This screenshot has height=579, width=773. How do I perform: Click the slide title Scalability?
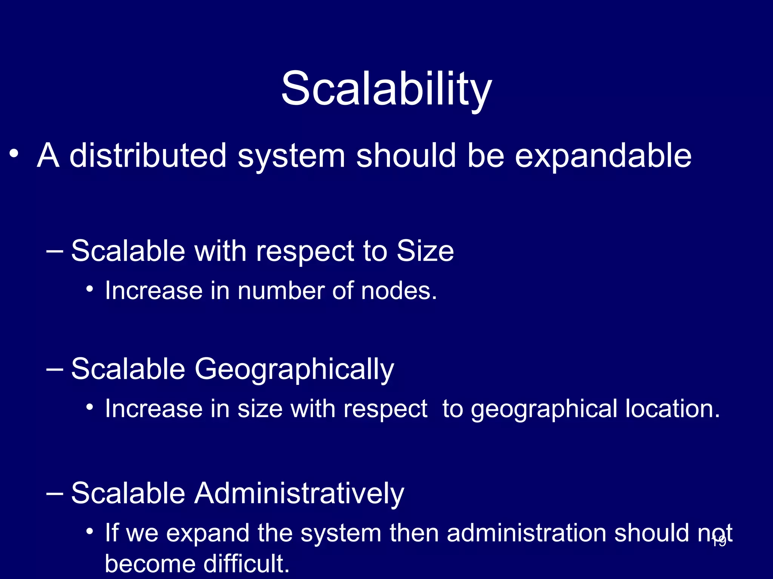(386, 89)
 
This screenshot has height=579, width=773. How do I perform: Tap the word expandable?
(603, 156)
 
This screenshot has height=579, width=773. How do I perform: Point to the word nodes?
(399, 291)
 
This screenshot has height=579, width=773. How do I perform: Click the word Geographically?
(294, 369)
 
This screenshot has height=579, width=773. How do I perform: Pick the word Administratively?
(299, 493)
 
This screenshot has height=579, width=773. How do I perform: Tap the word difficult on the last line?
(246, 564)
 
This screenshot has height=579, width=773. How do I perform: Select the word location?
(672, 409)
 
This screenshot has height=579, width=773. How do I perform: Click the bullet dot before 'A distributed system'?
(14, 154)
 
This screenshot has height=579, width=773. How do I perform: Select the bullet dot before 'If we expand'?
(89, 532)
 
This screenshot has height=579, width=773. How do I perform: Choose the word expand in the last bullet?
(208, 534)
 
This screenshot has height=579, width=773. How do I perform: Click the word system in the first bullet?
(291, 156)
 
